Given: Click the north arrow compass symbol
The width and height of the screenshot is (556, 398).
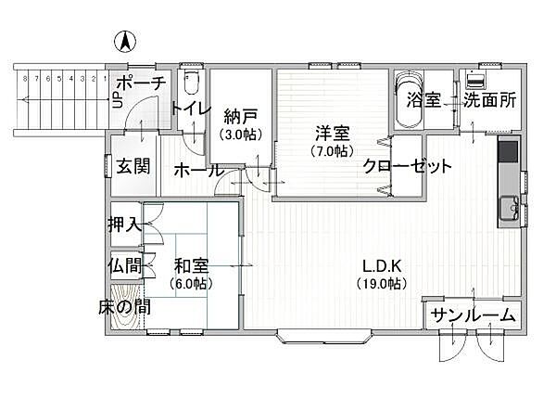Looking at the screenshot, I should [x=123, y=42].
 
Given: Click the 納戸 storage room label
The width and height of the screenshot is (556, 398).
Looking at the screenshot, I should [x=241, y=117].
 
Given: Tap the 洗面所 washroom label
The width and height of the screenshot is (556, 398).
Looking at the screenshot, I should [x=489, y=100].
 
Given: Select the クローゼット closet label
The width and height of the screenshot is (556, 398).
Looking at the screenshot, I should [x=407, y=167].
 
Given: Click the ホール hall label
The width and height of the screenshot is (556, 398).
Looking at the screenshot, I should [x=198, y=171].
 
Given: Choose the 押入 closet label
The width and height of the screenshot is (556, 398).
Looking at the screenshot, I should [x=124, y=224].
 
